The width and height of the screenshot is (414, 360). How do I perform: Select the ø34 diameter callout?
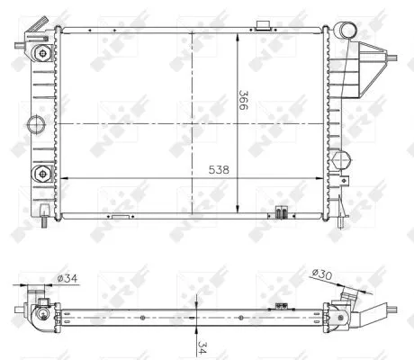pos(66,279)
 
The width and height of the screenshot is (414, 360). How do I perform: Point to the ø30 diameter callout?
pos(322,274)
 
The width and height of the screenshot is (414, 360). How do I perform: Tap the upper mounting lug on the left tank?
pos(41,53)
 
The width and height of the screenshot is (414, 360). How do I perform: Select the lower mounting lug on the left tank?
pos(41,172)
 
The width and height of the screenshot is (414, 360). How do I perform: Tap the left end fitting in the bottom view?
pos(37,307)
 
